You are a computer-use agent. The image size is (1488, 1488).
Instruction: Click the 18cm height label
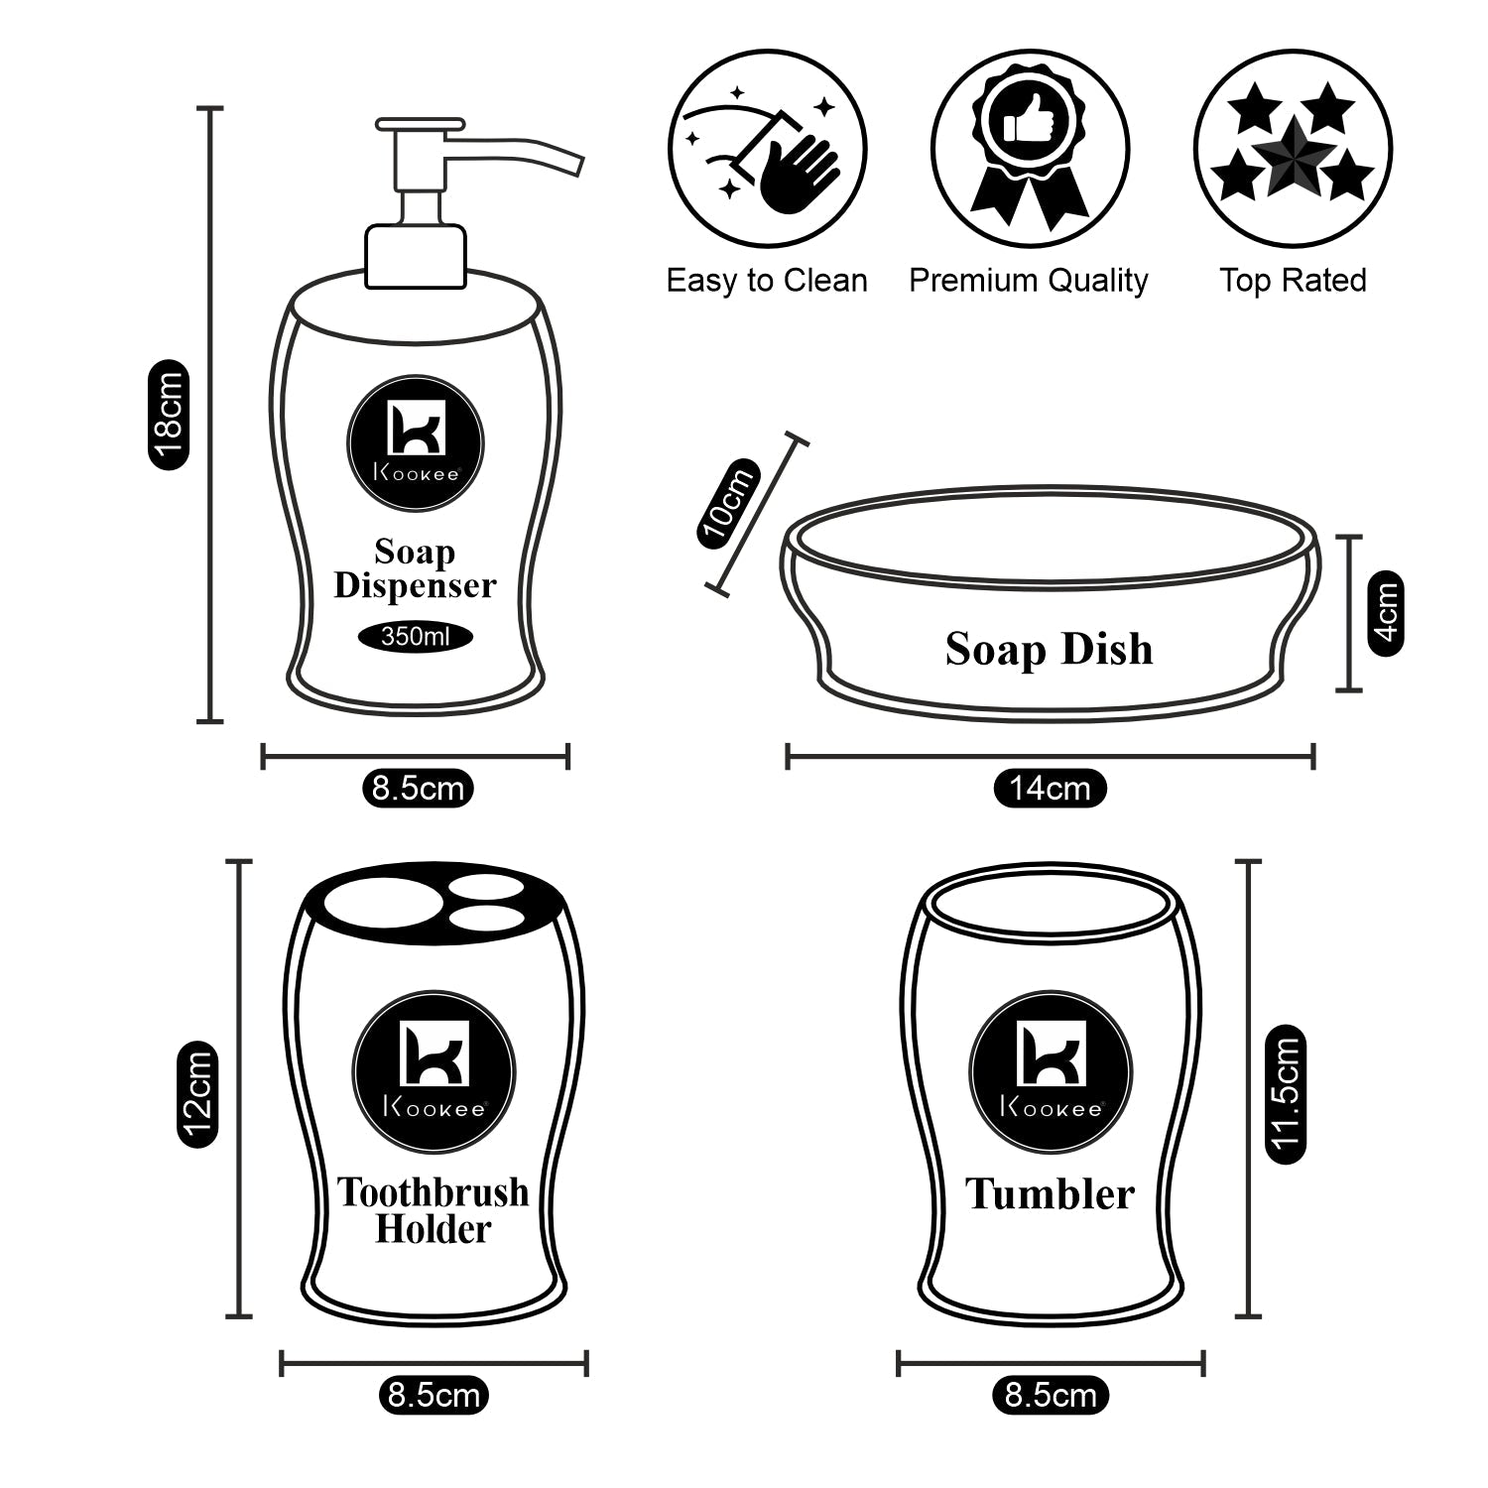pos(168,414)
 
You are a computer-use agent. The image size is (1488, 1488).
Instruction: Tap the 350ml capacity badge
pos(415,636)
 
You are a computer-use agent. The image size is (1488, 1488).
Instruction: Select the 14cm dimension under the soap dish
pos(1050,789)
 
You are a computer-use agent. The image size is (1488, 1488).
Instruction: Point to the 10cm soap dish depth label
pos(729,502)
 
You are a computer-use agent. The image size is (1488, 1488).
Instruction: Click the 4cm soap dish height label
pos(1385,612)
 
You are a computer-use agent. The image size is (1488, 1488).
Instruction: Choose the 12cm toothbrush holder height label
pos(196,1093)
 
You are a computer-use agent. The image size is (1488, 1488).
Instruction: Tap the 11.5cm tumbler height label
pos(1287,1093)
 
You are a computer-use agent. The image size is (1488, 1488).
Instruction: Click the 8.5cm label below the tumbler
pos(1050,1396)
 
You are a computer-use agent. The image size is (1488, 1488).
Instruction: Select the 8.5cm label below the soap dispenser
pos(417,789)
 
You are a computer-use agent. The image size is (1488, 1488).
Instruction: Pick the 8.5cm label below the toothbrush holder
pos(434,1396)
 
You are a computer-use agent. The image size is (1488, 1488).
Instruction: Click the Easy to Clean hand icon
pos(767,149)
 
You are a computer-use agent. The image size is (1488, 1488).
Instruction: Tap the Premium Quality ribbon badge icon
pos(1030,149)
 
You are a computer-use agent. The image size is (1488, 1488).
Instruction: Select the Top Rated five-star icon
pos(1293,149)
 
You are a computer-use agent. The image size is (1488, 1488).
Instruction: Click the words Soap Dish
pos(1049,650)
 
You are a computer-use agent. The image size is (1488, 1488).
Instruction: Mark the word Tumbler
pos(1050,1193)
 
